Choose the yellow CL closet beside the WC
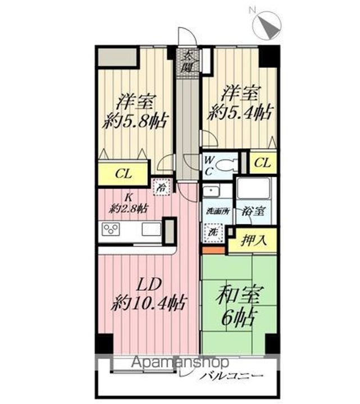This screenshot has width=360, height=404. click(262, 163)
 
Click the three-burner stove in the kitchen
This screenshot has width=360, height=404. click(111, 229)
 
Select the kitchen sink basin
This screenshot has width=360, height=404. click(151, 229)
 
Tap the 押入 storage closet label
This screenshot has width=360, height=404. click(254, 241)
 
